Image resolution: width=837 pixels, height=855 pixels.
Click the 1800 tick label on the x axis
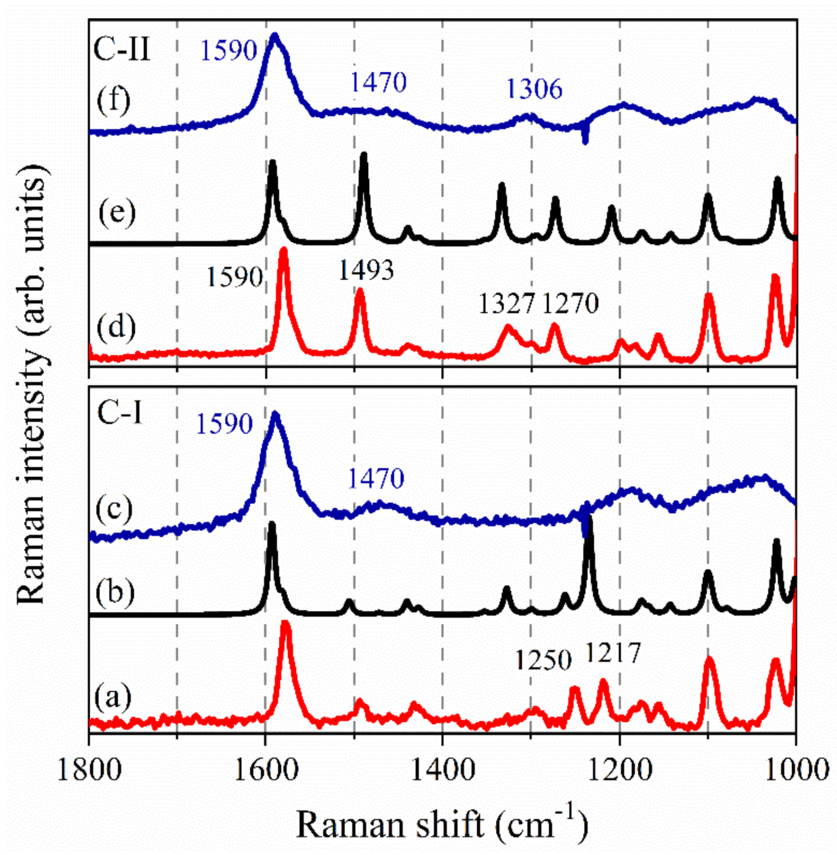(89, 770)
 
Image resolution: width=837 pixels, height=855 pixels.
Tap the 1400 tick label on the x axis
(443, 770)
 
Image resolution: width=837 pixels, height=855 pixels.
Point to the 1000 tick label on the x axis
(796, 770)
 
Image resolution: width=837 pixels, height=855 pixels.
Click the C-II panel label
(122, 49)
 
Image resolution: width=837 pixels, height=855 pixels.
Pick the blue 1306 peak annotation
(534, 89)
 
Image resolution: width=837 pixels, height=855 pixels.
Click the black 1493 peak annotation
(366, 271)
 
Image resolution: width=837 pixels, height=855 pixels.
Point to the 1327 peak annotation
(506, 303)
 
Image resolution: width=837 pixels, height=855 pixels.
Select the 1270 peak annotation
(570, 303)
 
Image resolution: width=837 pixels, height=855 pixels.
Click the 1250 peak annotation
(543, 660)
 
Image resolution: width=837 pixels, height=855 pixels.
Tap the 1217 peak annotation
(613, 653)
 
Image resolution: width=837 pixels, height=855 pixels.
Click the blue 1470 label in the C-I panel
(376, 479)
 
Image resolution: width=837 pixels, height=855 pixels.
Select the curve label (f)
(113, 101)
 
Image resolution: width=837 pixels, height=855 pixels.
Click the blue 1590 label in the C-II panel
(229, 50)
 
